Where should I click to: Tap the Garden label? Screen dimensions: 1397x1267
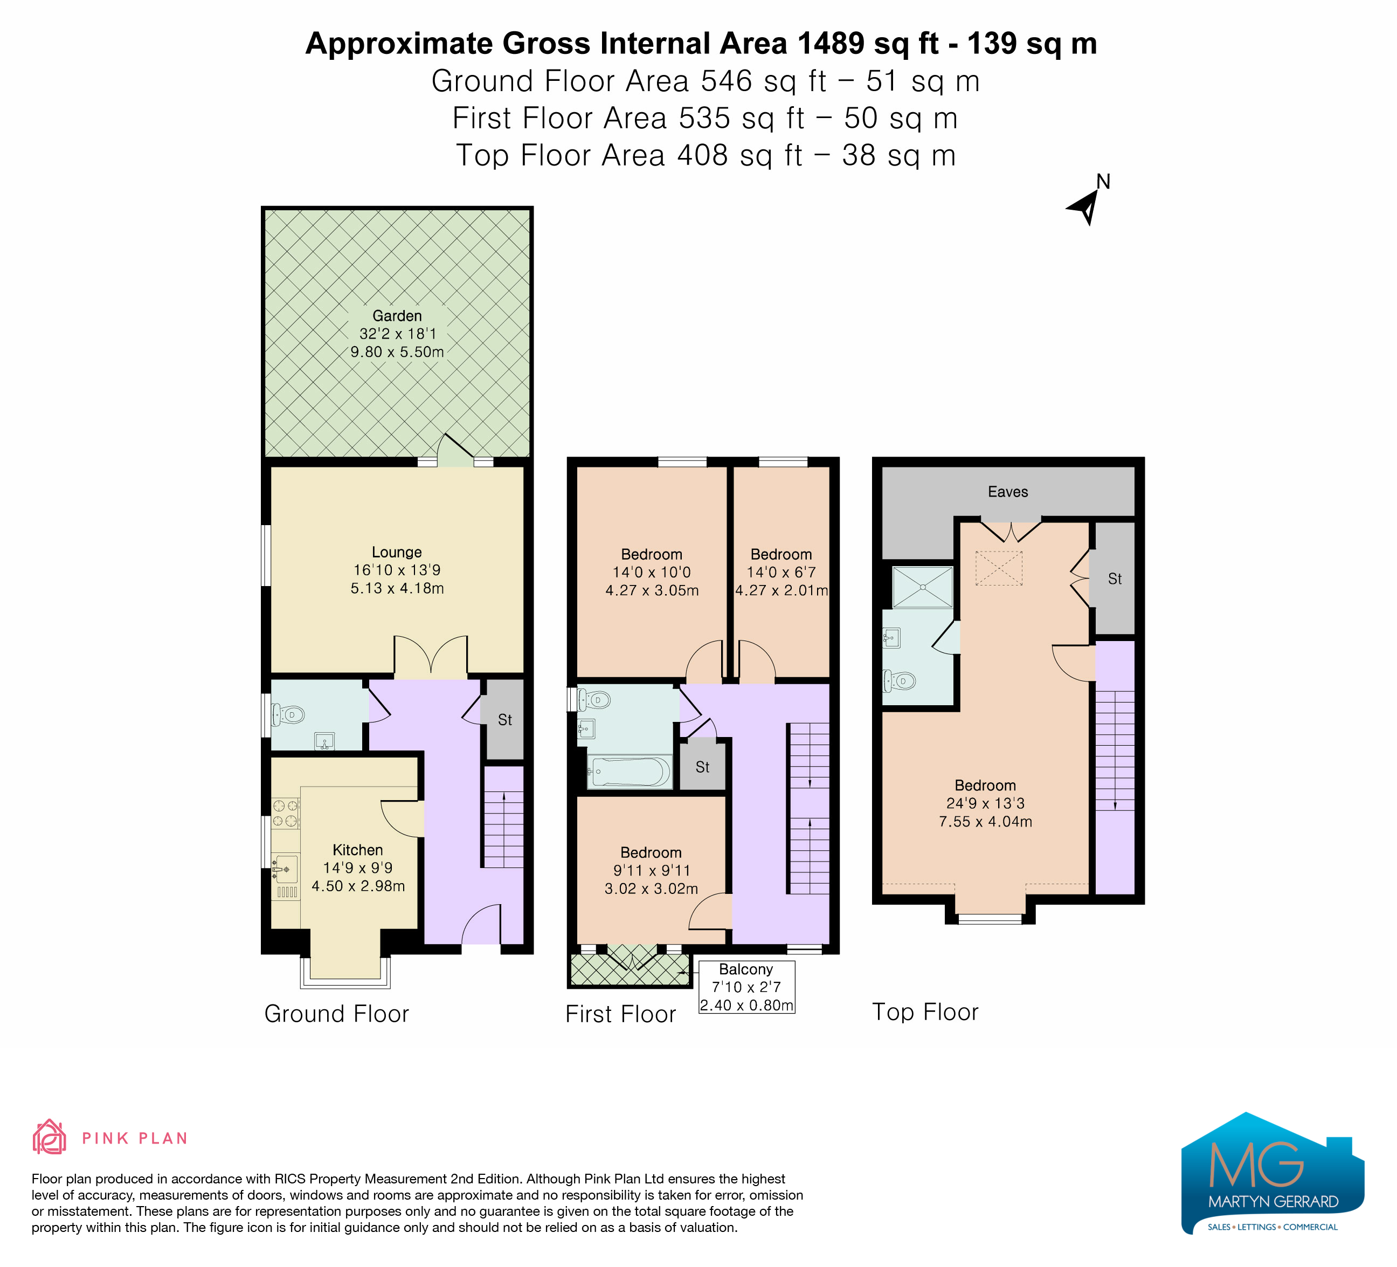click(397, 316)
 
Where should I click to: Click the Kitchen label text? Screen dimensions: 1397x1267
click(357, 850)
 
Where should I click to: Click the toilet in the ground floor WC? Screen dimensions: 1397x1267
click(288, 714)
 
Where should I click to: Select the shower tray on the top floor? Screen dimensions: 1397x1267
click(922, 587)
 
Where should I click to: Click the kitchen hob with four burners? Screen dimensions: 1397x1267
click(286, 814)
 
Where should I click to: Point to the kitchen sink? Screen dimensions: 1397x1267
click(286, 869)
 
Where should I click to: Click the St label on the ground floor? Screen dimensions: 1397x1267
click(505, 720)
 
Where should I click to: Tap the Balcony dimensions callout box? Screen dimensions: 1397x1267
click(746, 987)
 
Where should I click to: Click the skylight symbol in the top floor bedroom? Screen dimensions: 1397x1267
click(999, 568)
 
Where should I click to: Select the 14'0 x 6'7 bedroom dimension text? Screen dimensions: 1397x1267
click(781, 573)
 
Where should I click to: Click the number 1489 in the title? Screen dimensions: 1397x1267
click(831, 44)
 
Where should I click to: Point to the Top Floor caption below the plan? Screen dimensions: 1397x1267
click(925, 1012)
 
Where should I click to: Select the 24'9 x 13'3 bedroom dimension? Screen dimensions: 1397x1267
click(985, 803)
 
